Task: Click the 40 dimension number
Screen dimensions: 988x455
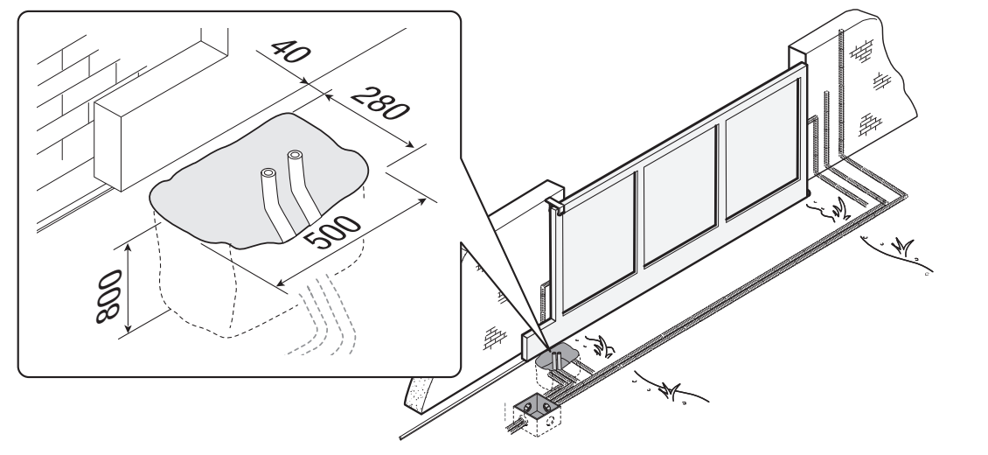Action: coord(290,51)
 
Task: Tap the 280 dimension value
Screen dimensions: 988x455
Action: coord(379,103)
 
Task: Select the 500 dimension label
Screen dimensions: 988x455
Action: coord(332,233)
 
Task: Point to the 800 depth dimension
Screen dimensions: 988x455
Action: coord(108,297)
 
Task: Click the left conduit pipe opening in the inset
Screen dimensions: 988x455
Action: coord(268,172)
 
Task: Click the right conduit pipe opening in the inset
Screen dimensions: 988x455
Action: coord(295,153)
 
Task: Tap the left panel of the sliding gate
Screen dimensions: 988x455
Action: coord(598,242)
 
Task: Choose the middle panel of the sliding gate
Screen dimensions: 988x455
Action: coord(680,195)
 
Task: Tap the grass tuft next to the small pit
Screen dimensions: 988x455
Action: coord(602,346)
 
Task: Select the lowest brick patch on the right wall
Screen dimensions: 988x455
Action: coord(870,124)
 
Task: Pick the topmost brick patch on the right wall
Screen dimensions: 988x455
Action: coord(861,50)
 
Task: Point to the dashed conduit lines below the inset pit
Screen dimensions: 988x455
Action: coord(323,315)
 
